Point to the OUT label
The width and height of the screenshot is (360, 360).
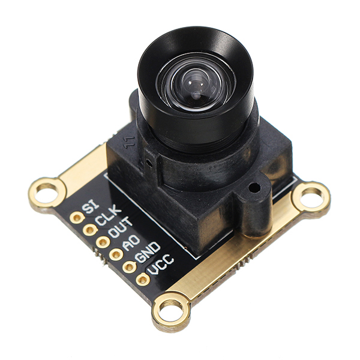pos(121,228)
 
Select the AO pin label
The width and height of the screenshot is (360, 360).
pos(131,242)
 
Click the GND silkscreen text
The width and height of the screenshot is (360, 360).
pos(147,252)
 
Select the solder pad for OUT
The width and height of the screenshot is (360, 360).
pos(103,242)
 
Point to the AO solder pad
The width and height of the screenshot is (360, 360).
pos(116,254)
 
